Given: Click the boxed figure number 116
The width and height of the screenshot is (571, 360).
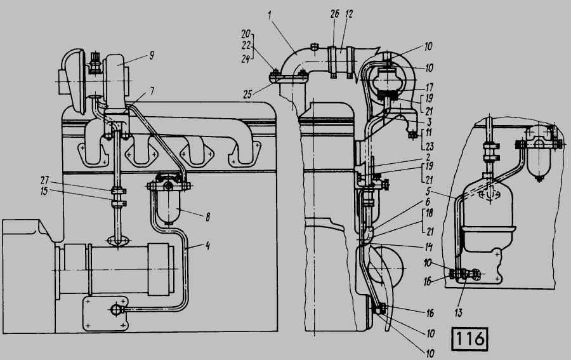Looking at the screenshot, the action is (469, 339).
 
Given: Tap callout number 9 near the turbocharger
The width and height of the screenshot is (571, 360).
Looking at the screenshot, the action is (152, 55).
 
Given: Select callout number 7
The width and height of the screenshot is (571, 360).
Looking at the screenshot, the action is (152, 91).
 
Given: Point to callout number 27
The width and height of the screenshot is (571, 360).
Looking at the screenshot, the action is (44, 181).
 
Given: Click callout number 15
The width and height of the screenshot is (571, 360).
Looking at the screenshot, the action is (44, 191).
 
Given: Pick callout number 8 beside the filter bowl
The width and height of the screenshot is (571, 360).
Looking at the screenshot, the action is (207, 217).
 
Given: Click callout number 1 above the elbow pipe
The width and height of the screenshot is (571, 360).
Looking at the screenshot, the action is (270, 16).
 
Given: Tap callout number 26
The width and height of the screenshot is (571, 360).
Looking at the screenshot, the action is (334, 14).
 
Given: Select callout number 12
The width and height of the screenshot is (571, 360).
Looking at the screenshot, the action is (349, 14).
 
